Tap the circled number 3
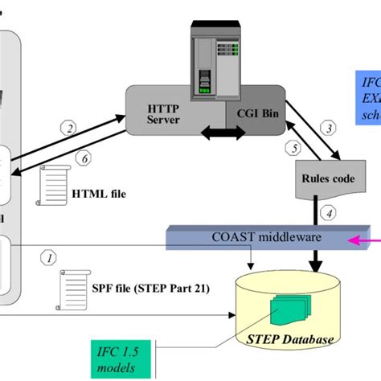click(328, 126)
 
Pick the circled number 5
click(293, 148)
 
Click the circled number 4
click(327, 213)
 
